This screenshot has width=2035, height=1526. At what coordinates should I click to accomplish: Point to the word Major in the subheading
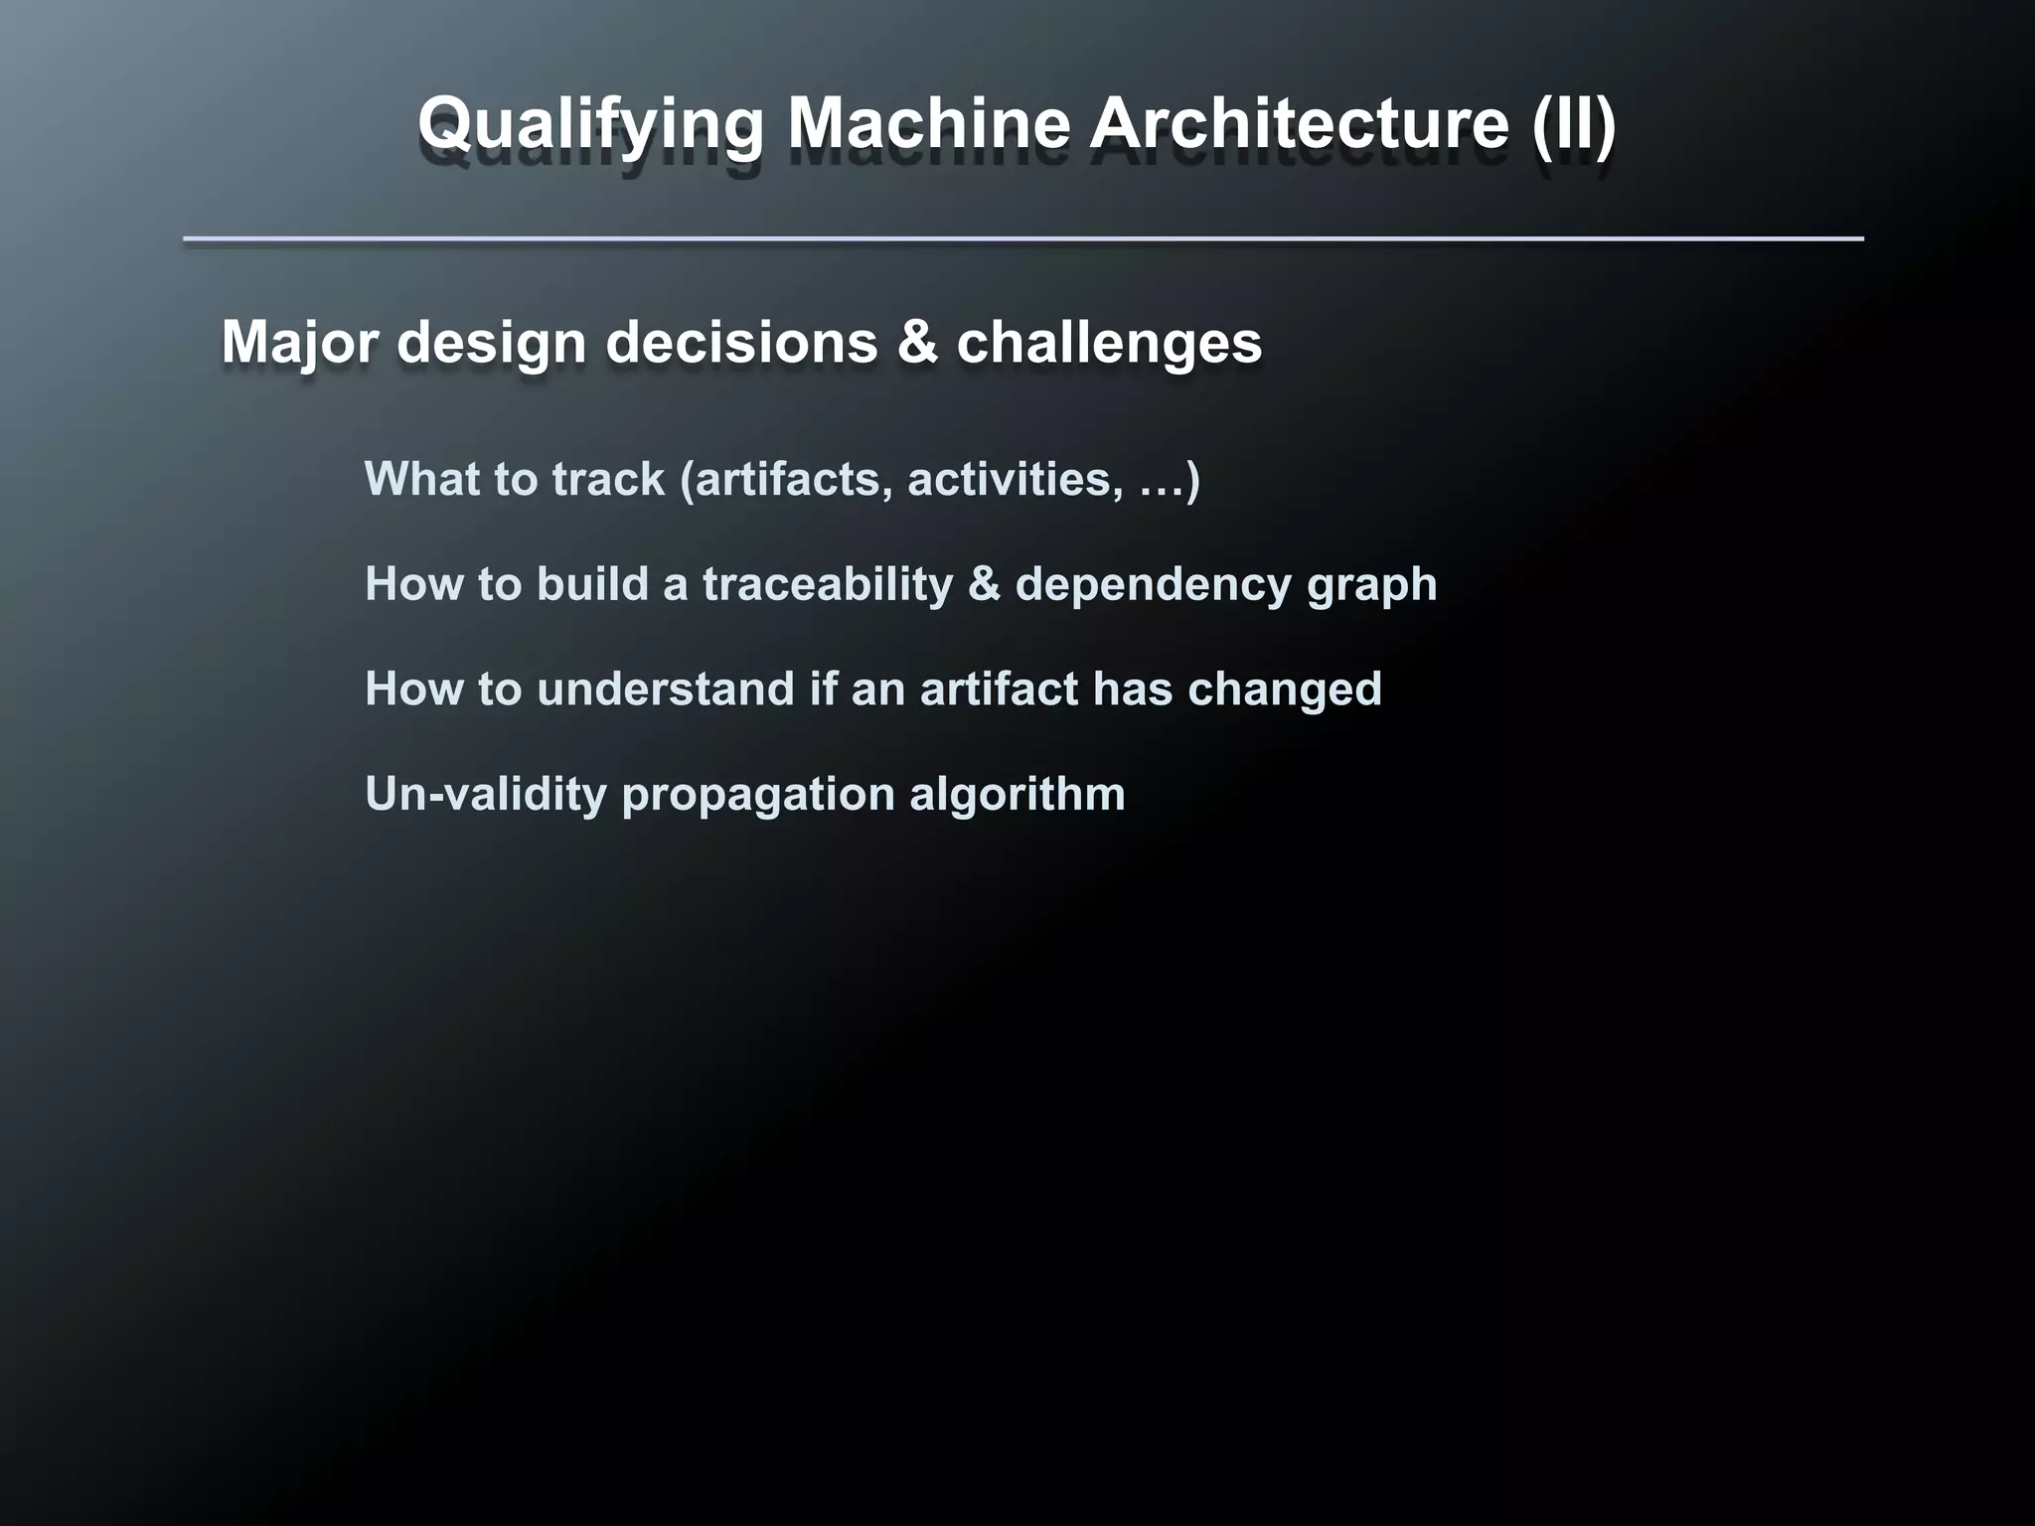pyautogui.click(x=299, y=343)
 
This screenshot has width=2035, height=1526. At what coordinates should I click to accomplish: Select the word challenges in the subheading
pyautogui.click(x=1109, y=343)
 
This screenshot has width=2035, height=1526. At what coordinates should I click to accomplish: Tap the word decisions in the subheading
pyautogui.click(x=741, y=343)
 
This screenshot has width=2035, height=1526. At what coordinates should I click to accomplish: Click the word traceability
pyautogui.click(x=827, y=584)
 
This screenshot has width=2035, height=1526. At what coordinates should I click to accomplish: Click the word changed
pyautogui.click(x=1284, y=688)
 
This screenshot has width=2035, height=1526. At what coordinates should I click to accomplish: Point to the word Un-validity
pyautogui.click(x=485, y=794)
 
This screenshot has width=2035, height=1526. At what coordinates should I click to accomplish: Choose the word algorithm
pyautogui.click(x=1017, y=794)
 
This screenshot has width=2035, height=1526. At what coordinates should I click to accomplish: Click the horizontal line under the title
pyautogui.click(x=1023, y=239)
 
